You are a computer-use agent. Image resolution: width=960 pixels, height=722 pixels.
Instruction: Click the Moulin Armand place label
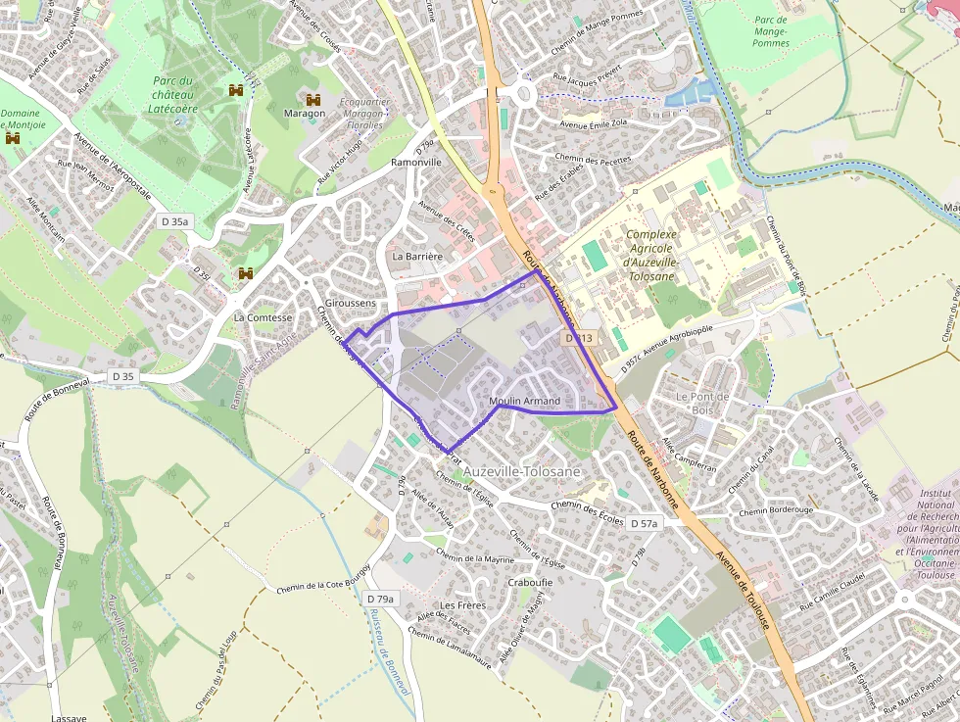click(524, 402)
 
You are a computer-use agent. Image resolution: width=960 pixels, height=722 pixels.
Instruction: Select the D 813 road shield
click(579, 338)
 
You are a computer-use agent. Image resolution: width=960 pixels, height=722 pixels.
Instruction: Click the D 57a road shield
click(644, 524)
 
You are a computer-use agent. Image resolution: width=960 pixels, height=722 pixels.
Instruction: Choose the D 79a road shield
click(379, 599)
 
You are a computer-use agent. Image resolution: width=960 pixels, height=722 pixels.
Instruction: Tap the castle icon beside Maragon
click(313, 99)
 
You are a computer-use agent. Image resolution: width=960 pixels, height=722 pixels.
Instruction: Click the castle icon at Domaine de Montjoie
click(13, 139)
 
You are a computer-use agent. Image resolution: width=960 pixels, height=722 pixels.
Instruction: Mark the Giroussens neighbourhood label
click(351, 304)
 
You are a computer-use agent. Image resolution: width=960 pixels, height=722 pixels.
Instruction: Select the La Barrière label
click(417, 257)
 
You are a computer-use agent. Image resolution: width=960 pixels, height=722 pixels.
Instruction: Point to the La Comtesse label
click(263, 318)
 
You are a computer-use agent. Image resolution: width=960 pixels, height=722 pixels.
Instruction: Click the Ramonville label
click(416, 163)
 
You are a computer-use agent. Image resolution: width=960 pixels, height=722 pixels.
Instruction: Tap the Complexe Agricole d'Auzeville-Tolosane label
click(650, 255)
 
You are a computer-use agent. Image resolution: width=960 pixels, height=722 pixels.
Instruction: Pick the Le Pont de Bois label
click(702, 403)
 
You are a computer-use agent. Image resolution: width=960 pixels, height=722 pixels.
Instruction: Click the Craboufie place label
click(531, 582)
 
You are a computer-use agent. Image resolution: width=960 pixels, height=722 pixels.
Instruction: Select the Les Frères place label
click(463, 605)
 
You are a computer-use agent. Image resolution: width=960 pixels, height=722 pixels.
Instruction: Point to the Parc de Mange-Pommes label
click(771, 31)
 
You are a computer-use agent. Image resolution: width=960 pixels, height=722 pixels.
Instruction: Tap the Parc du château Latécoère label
click(175, 95)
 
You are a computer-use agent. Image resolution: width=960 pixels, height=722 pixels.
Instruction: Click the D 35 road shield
click(122, 376)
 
